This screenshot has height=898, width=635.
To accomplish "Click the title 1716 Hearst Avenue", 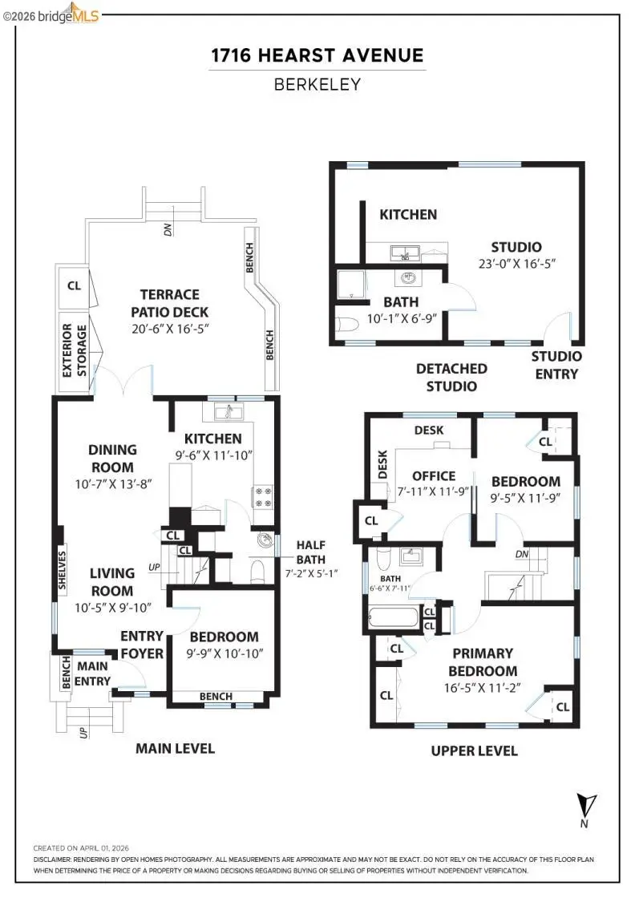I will (317, 55).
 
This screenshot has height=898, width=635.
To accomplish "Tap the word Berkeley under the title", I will (317, 83).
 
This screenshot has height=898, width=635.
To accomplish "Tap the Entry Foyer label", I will (142, 645).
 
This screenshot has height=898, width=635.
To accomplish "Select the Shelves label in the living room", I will (63, 570).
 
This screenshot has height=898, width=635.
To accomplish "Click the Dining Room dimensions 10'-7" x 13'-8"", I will (113, 484).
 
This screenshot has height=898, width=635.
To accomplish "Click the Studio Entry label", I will (556, 365).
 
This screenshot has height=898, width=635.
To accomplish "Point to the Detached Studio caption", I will (451, 377).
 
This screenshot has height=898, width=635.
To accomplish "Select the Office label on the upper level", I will (434, 475).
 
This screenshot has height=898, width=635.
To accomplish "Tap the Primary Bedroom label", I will (482, 662).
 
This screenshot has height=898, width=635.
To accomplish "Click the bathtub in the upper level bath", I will (393, 619).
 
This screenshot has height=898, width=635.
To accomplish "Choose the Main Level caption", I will (175, 748).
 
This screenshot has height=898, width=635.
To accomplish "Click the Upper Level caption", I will (474, 750).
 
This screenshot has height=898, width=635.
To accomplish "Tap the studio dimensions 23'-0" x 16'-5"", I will (516, 262).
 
